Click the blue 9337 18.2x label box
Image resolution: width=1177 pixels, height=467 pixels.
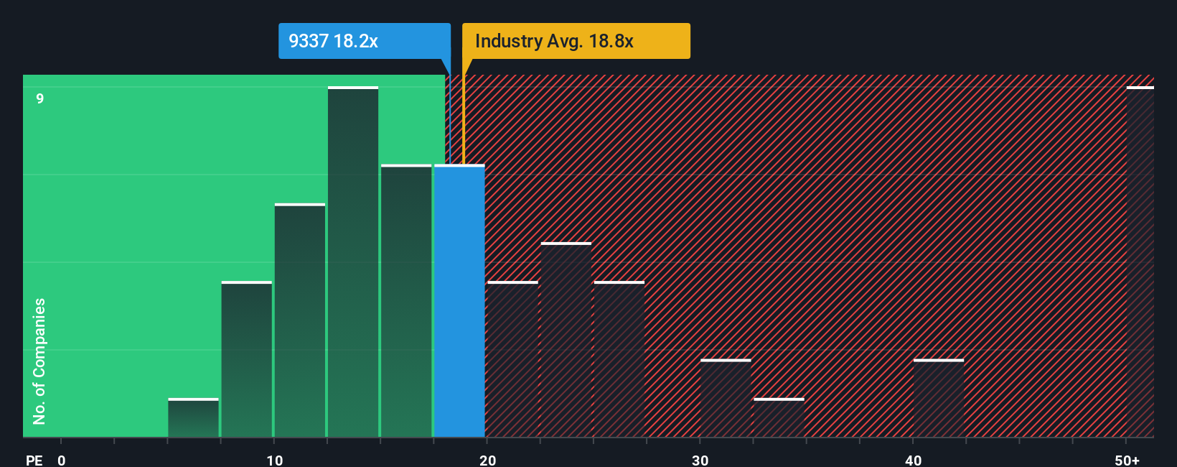tap(364, 41)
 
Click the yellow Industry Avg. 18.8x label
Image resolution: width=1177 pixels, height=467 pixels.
tap(576, 41)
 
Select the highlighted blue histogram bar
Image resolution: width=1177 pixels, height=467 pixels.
tap(459, 302)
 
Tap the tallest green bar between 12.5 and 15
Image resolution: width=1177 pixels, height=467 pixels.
tap(353, 262)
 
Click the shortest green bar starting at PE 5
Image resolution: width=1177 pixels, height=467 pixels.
tap(193, 418)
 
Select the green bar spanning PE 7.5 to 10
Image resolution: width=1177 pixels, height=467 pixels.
tap(246, 359)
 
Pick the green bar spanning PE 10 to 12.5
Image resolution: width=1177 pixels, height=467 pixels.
tap(300, 321)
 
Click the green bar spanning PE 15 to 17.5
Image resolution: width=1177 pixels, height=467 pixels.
tap(406, 302)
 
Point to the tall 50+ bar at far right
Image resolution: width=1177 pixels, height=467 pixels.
tap(1140, 262)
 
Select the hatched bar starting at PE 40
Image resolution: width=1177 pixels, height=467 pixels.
tap(939, 399)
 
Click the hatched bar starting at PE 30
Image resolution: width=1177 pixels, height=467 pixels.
tap(726, 399)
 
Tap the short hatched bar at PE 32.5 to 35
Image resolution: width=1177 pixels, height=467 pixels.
tap(779, 418)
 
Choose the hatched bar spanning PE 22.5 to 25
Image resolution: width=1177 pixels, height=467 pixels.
tap(566, 340)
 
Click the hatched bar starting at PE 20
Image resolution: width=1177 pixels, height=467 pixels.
tap(512, 359)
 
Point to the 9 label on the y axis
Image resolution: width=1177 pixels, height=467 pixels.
tap(40, 98)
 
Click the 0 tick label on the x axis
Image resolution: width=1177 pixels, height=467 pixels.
tap(62, 461)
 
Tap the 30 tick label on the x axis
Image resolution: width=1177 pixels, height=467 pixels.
tap(700, 461)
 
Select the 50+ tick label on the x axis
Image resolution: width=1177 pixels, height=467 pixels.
tap(1127, 461)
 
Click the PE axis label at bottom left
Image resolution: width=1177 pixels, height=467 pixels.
tap(34, 461)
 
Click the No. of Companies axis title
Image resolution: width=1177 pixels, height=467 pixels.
tap(39, 361)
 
